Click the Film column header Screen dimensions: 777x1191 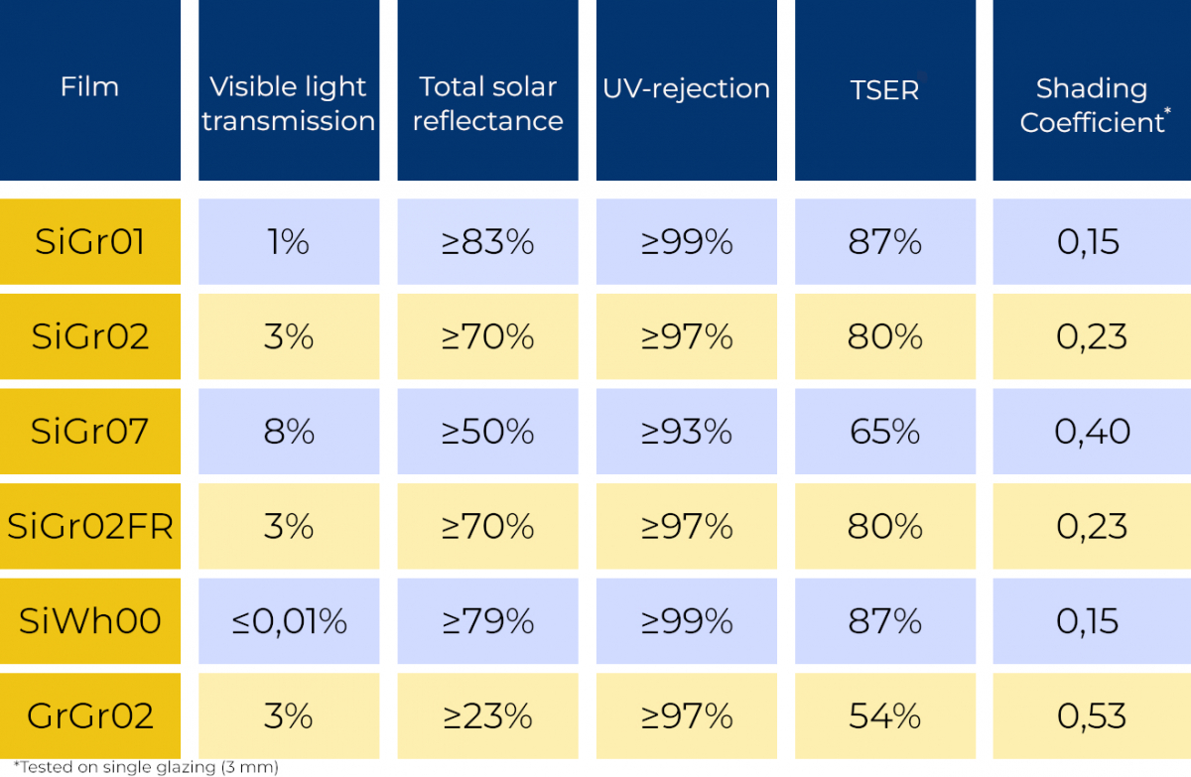pos(89,87)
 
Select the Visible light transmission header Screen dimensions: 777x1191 pos(289,103)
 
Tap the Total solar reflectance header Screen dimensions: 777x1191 pos(487,103)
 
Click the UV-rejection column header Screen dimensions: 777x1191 pos(686,88)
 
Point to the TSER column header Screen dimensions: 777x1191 pos(884,89)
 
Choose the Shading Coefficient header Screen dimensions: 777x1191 pos(1092,104)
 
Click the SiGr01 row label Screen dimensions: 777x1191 pos(89,241)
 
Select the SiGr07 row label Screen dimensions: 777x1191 pos(89,431)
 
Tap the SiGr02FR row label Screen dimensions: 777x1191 pos(89,526)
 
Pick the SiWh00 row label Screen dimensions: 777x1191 pos(89,621)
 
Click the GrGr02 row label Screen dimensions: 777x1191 pos(89,715)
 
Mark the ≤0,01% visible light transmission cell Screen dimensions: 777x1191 pos(289,621)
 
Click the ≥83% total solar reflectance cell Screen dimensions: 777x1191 pos(487,241)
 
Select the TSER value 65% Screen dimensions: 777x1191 pos(884,431)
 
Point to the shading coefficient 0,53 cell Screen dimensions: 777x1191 pos(1092,715)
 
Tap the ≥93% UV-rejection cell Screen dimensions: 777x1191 pos(686,431)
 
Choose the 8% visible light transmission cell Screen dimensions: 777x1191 pos(289,431)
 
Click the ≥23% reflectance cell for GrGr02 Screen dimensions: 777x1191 pos(487,715)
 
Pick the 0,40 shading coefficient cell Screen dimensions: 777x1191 pos(1092,431)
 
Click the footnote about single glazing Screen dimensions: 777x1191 pos(140,767)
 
